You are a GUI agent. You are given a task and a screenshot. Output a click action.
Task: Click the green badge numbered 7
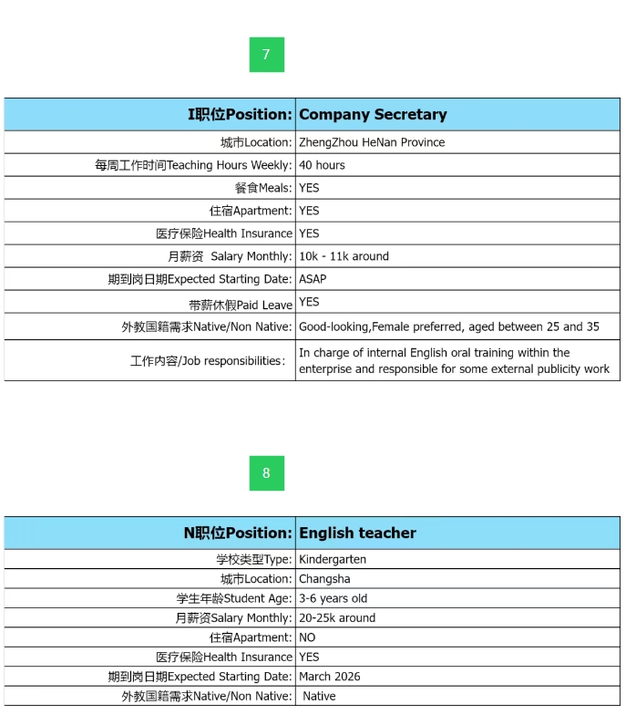tap(266, 55)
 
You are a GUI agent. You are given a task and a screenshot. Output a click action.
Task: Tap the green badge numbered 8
tap(266, 473)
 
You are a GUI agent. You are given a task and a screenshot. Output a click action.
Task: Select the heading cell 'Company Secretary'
tap(373, 115)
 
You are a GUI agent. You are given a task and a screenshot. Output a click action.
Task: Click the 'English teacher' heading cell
tap(357, 533)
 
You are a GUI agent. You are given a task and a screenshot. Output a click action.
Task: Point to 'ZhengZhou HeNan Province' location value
tap(372, 142)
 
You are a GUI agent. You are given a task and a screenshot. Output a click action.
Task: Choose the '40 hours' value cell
tap(322, 165)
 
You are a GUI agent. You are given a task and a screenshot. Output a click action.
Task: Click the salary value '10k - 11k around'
tap(344, 256)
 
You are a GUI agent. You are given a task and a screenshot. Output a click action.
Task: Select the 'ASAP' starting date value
tap(313, 279)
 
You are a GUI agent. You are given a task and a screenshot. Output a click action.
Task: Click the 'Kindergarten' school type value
tap(333, 559)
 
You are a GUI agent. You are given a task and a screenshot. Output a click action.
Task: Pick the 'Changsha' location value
tap(324, 579)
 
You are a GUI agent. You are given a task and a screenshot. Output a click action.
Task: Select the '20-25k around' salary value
tap(337, 618)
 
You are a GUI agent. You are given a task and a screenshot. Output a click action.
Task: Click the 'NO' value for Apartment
tap(307, 637)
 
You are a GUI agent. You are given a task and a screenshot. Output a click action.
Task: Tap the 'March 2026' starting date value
tap(330, 677)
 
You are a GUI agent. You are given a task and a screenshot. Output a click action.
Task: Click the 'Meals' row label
tap(263, 188)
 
